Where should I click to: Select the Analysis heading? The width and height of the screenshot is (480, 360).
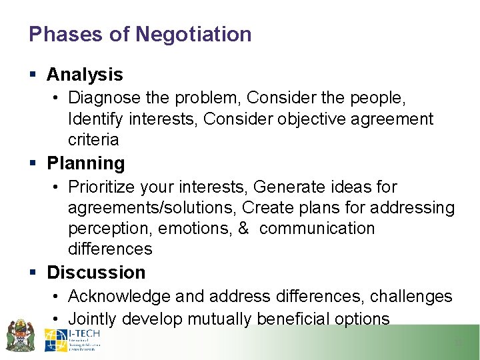85,75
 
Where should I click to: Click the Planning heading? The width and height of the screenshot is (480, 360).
86,163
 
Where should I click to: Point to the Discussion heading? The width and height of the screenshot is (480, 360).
96,273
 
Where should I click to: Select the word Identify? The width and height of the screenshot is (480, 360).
90,119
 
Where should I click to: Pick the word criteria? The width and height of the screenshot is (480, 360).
93,139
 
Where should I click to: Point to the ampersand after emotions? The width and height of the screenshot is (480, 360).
243,229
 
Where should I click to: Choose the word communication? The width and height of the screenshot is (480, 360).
317,229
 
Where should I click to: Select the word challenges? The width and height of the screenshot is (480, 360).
412,297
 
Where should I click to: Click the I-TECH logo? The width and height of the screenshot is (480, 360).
72,340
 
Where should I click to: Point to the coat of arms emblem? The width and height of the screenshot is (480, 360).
21,335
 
